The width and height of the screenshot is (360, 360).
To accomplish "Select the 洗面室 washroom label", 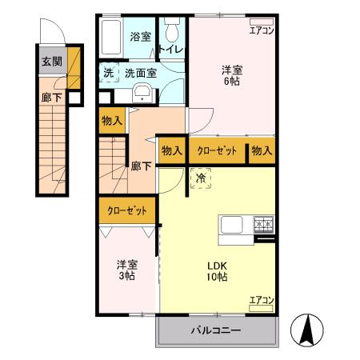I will [x=140, y=73].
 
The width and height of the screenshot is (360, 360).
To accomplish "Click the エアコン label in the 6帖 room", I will [x=262, y=32].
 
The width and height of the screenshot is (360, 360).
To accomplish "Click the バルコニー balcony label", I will [x=217, y=330].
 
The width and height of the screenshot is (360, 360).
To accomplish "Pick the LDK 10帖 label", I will [x=218, y=271].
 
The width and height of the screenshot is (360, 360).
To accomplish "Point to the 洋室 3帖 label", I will [x=126, y=270].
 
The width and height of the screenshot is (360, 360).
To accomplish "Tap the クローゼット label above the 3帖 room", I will [x=128, y=211].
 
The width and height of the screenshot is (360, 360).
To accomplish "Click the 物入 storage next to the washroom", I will [x=111, y=122].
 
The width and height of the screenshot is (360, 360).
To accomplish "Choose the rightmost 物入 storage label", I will [x=262, y=150].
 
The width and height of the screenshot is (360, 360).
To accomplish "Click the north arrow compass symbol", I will [x=309, y=328].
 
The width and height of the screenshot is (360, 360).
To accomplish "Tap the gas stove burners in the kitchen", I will [x=263, y=225].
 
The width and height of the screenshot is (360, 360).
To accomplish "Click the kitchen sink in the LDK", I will [x=231, y=225].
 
